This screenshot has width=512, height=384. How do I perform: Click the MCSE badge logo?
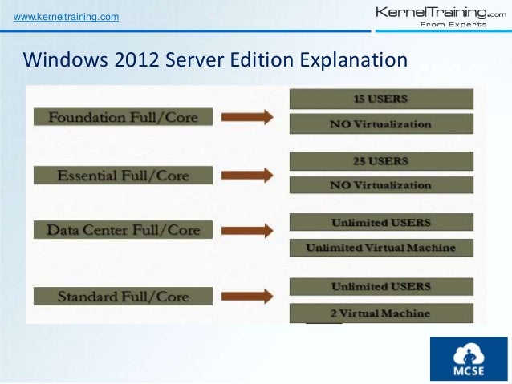(468, 358)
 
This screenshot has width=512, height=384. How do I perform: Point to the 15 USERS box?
(380, 99)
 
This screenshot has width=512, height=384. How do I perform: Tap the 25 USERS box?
(380, 160)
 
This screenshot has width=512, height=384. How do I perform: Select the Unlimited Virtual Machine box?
(380, 247)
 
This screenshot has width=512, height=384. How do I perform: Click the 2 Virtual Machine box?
(380, 313)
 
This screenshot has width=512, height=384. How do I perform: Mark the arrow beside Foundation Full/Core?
(246, 117)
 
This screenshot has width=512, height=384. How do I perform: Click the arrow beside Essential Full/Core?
(246, 175)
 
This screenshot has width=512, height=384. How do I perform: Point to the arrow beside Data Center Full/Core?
(246, 230)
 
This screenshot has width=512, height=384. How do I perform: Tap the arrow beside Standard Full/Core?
(246, 296)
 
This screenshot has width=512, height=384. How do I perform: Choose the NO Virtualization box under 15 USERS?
(380, 124)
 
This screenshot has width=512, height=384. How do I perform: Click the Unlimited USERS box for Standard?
(380, 285)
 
